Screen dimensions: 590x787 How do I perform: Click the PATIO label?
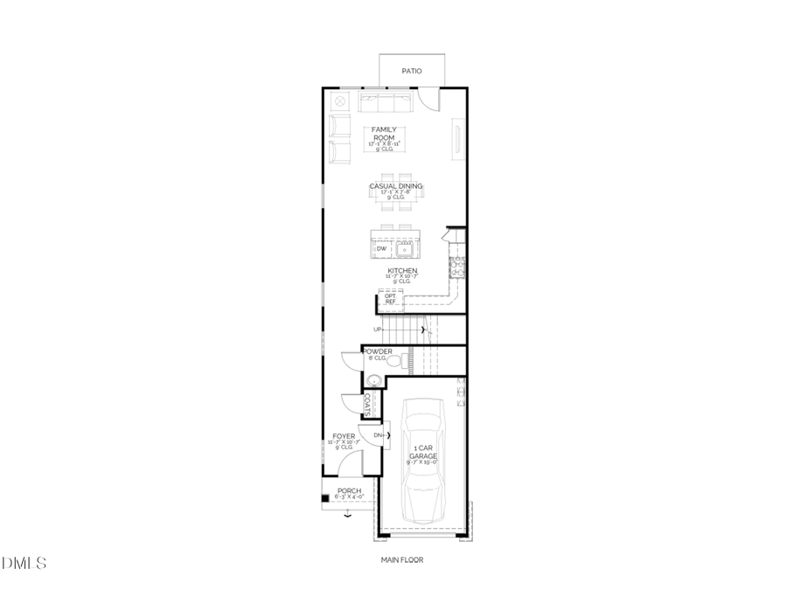[411, 71]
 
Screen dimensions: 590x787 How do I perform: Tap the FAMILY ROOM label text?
[383, 134]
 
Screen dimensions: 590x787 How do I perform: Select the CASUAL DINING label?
[395, 186]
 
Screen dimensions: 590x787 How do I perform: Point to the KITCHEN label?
[402, 271]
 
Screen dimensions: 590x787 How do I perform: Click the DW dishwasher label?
[381, 250]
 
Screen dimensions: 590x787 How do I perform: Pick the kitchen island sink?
[405, 250]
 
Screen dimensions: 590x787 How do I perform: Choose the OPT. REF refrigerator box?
[390, 300]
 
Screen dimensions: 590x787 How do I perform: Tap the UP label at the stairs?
[377, 330]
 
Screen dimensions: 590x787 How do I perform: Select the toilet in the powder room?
[393, 360]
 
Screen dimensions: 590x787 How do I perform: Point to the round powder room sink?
[373, 380]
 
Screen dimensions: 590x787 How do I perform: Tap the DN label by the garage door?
[378, 434]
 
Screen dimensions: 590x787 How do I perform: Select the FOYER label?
[344, 435]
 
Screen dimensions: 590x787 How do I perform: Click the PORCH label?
[349, 491]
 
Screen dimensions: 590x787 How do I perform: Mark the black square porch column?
[325, 498]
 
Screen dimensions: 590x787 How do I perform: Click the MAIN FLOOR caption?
[401, 560]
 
